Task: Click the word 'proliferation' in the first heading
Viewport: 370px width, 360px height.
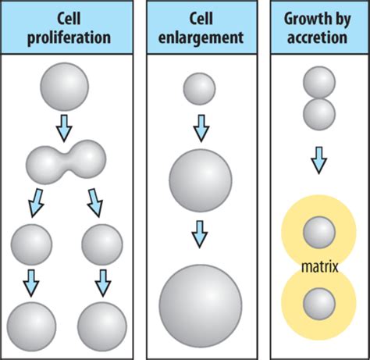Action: pyautogui.click(x=69, y=38)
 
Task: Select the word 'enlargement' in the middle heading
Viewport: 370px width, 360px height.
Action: pyautogui.click(x=201, y=38)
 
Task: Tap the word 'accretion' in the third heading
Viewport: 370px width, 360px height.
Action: pyautogui.click(x=317, y=37)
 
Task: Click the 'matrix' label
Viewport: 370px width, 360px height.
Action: pyautogui.click(x=320, y=267)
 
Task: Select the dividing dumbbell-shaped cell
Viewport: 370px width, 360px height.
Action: pyautogui.click(x=66, y=162)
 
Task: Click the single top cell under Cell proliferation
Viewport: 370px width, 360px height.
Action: pyautogui.click(x=64, y=87)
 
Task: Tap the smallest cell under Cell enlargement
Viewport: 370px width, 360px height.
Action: pyautogui.click(x=199, y=89)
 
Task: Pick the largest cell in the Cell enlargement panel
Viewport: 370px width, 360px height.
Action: pyautogui.click(x=201, y=306)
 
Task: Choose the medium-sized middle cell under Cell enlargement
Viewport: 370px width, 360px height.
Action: pyautogui.click(x=201, y=180)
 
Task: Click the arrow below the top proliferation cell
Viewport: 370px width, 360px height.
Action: pyautogui.click(x=64, y=128)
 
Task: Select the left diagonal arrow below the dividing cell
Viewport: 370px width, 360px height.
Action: pyautogui.click(x=36, y=203)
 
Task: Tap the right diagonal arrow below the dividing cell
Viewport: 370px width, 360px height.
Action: pyautogui.click(x=95, y=203)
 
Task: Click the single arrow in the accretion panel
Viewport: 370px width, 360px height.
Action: pyautogui.click(x=318, y=160)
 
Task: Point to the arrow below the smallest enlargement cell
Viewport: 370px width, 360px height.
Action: pyautogui.click(x=201, y=128)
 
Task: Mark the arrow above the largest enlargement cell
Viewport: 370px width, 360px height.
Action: pyautogui.click(x=200, y=234)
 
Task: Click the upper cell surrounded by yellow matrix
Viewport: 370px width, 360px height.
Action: pyautogui.click(x=319, y=232)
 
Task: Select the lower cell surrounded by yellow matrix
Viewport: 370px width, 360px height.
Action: pyautogui.click(x=319, y=304)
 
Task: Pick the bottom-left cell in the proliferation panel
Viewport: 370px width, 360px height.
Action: pyautogui.click(x=31, y=326)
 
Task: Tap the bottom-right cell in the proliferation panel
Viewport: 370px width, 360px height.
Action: pyautogui.click(x=102, y=326)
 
